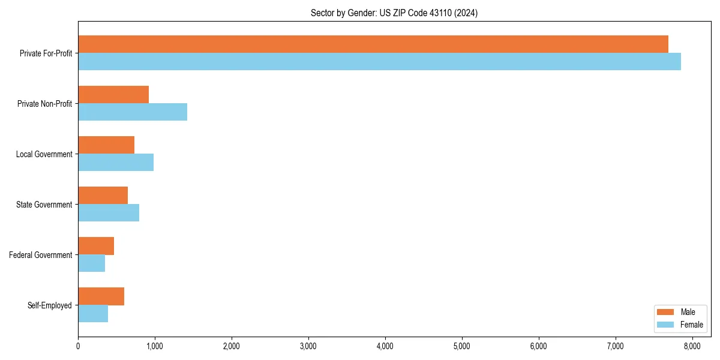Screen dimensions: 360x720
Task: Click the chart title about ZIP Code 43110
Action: coord(394,13)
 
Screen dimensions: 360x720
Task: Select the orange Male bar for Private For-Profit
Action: coord(373,44)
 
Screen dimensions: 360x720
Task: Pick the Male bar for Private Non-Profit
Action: coord(113,95)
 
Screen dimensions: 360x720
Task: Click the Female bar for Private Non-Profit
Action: coord(133,112)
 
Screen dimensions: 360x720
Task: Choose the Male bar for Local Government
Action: coord(106,145)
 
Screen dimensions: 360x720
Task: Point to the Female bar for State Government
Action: coord(109,213)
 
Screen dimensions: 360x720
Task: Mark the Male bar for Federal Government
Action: coord(96,246)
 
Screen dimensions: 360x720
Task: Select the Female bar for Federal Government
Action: coord(92,263)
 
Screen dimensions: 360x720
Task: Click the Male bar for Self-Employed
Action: coord(101,296)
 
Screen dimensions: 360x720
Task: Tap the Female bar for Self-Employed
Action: coord(93,314)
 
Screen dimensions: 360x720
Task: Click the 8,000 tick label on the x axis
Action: coord(692,346)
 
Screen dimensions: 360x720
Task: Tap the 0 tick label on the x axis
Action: coord(78,346)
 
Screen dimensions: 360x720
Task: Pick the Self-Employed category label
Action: coord(50,305)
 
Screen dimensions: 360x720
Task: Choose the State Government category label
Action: coord(44,205)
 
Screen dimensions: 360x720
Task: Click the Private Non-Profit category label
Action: coord(44,104)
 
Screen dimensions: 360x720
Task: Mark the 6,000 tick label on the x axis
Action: coord(538,346)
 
